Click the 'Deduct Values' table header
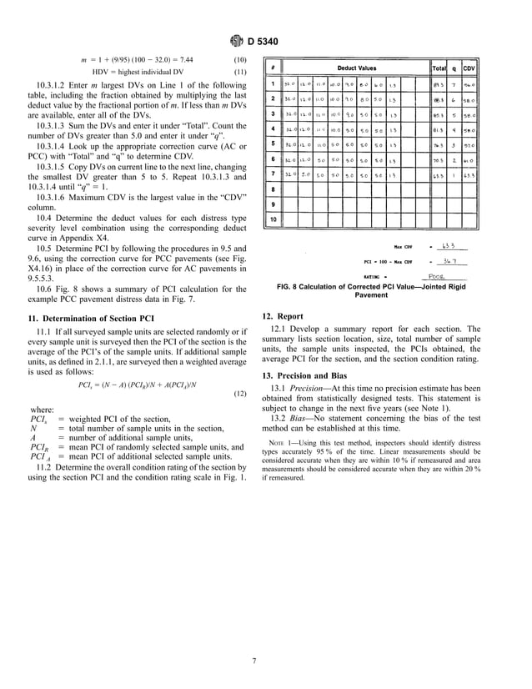tap(356, 67)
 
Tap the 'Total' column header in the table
tap(439, 67)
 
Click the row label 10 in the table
tap(273, 219)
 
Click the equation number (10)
tap(237, 60)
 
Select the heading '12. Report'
tap(286, 317)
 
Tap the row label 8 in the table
tap(273, 189)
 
